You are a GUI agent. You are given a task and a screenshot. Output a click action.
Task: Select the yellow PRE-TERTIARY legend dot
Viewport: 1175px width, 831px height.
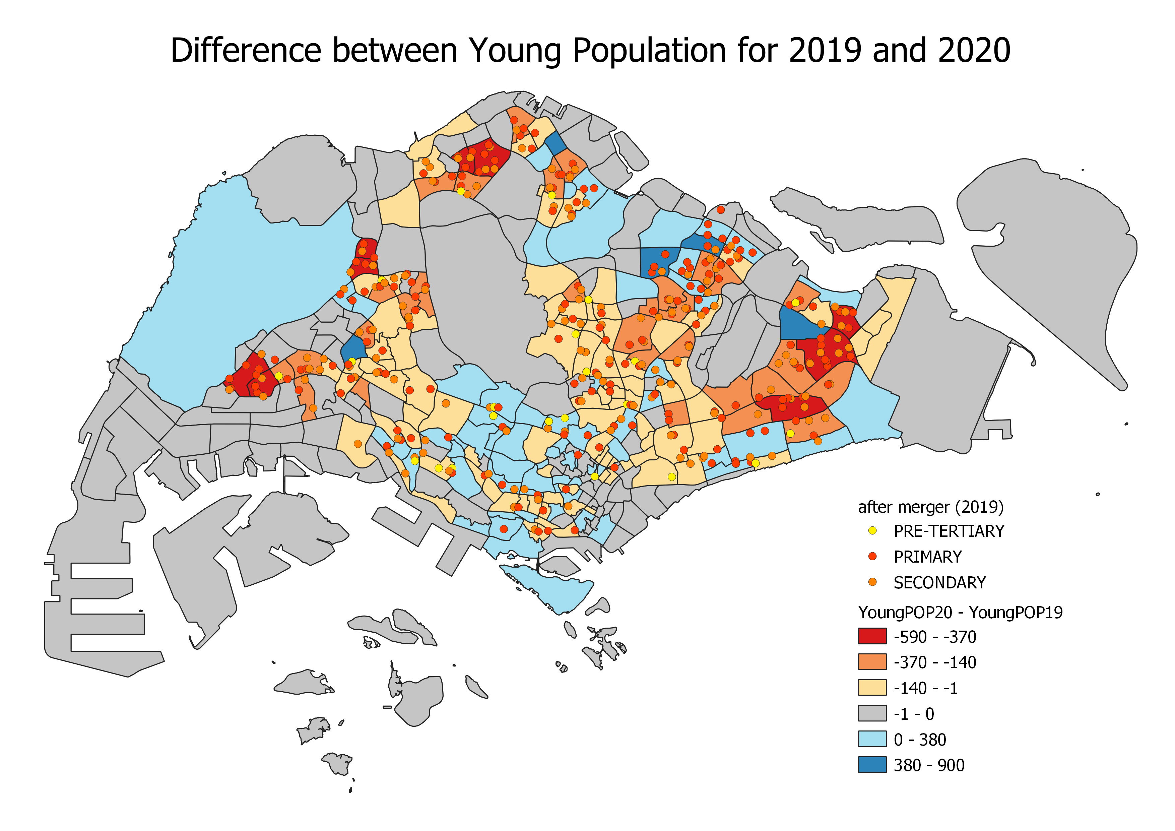[872, 531]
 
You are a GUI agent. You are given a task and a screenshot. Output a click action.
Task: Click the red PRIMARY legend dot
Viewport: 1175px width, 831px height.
[872, 556]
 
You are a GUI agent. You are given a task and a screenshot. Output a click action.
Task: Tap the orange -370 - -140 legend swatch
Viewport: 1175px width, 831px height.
[872, 662]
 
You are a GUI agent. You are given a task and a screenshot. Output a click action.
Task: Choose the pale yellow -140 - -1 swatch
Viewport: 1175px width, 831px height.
[872, 687]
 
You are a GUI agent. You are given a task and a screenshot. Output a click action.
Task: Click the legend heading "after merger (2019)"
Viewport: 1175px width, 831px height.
[930, 507]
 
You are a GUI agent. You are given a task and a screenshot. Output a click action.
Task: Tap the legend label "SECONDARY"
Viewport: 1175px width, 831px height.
[939, 582]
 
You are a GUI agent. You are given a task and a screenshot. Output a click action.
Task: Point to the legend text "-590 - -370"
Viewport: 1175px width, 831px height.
[934, 637]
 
